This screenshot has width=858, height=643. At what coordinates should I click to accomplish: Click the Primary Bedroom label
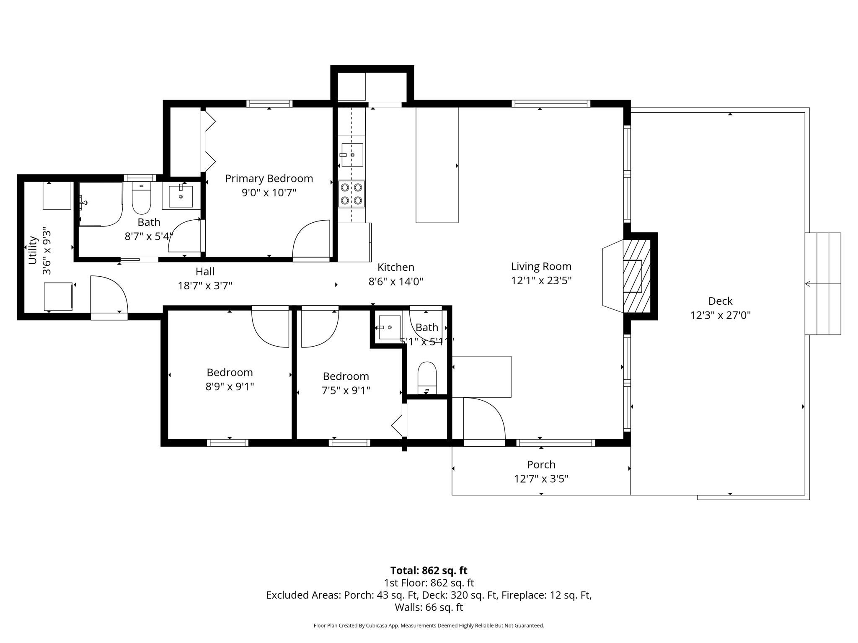269,179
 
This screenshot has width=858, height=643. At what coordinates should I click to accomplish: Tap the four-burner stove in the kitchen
351,194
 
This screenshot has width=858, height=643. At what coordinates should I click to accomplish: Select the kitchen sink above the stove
352,155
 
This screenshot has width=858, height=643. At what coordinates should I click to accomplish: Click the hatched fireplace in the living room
636,276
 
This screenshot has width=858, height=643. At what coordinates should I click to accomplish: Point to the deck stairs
822,284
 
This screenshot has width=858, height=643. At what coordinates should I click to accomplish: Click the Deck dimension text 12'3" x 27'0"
720,315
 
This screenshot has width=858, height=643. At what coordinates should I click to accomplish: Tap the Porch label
541,465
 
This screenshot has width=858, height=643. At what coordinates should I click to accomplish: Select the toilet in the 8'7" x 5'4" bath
141,198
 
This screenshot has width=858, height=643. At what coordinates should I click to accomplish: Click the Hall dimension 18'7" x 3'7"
205,286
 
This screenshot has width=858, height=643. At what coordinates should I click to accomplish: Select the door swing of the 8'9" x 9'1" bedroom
271,328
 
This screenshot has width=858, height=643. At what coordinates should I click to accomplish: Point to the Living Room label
541,267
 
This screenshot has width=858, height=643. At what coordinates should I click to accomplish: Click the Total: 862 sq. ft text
429,571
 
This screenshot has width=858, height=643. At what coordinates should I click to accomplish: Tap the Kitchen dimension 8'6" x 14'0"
395,282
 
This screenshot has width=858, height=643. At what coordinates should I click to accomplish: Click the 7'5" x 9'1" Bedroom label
346,376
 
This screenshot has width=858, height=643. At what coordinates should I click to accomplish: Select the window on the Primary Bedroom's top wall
269,103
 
